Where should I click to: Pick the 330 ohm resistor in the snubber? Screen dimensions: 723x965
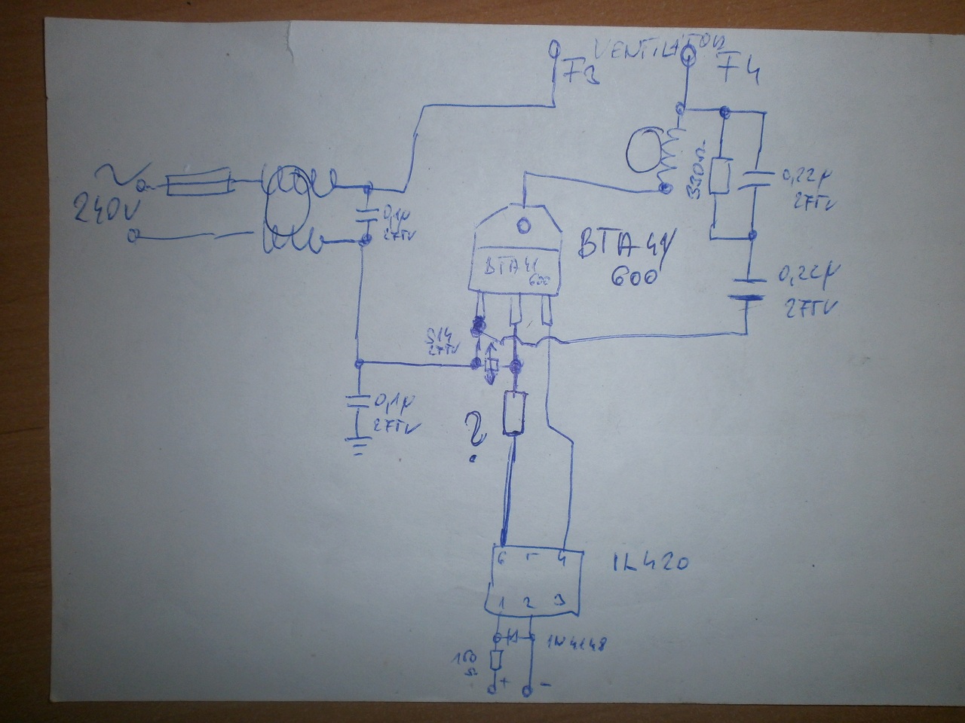click(x=721, y=176)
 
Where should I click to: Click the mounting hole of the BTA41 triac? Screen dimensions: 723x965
click(x=521, y=224)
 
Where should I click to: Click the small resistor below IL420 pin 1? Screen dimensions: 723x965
click(x=496, y=660)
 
